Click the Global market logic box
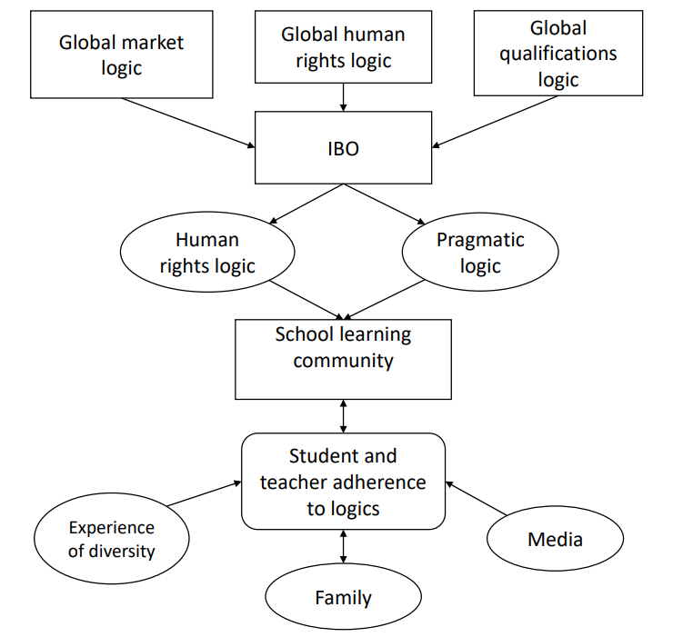(x=122, y=55)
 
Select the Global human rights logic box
(x=343, y=47)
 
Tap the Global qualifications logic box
(x=557, y=54)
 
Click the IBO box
(x=343, y=148)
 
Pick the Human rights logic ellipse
(x=206, y=253)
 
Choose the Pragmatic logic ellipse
(x=479, y=253)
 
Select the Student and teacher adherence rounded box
(x=343, y=481)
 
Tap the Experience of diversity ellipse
(x=112, y=539)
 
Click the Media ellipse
(x=555, y=539)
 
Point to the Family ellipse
(x=343, y=597)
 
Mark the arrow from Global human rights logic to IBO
(x=343, y=97)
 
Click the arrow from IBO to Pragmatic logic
(x=383, y=203)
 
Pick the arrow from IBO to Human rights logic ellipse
(x=306, y=203)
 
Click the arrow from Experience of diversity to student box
(x=204, y=493)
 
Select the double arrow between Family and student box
(x=343, y=547)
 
